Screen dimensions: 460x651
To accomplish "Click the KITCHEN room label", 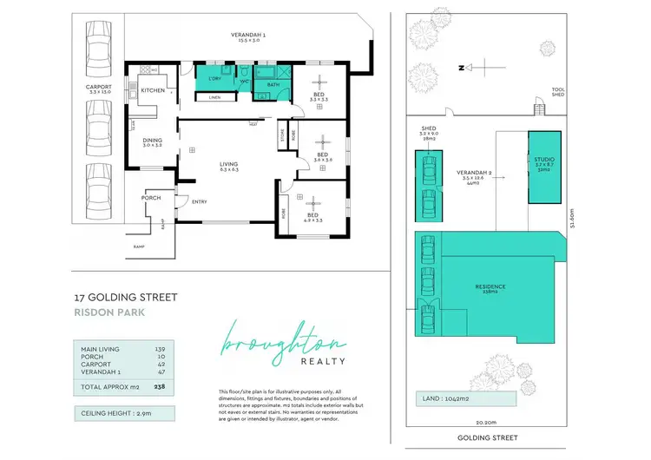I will tap(153, 90).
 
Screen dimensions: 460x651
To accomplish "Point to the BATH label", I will tap(273, 85).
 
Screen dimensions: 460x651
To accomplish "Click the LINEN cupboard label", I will tap(214, 97).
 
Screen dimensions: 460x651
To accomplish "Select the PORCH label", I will tap(151, 198).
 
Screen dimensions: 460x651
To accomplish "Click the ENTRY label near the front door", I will tap(200, 202).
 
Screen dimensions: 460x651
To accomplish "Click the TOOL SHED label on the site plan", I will tap(558, 91).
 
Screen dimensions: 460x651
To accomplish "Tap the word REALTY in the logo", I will tap(323, 361).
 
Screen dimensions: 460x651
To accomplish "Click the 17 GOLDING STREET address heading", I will tap(126, 298).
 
